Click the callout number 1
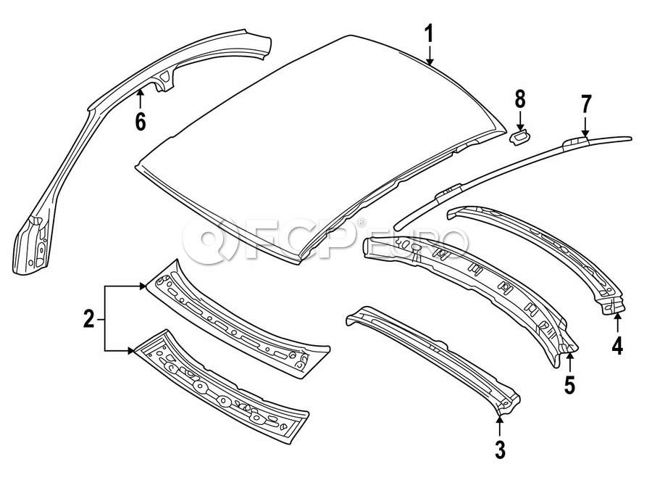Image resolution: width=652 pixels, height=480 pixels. pyautogui.click(x=429, y=33)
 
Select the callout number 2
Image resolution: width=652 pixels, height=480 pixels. pyautogui.click(x=88, y=318)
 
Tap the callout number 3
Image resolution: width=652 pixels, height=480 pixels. pyautogui.click(x=499, y=450)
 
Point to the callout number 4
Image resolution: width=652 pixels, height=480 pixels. pyautogui.click(x=617, y=347)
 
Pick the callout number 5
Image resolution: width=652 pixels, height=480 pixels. pyautogui.click(x=569, y=385)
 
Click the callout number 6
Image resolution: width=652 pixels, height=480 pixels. pyautogui.click(x=140, y=122)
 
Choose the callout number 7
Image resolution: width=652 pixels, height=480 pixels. pyautogui.click(x=586, y=104)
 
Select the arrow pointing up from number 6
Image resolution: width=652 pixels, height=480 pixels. pyautogui.click(x=140, y=98)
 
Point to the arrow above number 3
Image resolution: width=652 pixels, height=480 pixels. pyautogui.click(x=499, y=423)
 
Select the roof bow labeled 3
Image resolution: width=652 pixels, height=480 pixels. pyautogui.click(x=435, y=355)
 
